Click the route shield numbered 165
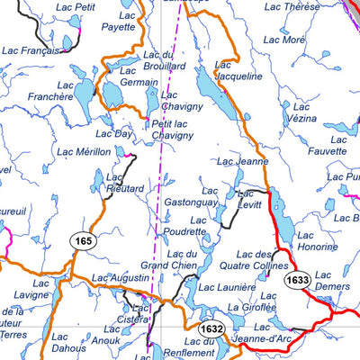84,241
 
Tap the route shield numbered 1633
298,281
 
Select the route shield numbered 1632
211,328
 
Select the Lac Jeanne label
243,162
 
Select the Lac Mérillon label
83,153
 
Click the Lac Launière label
220,288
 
